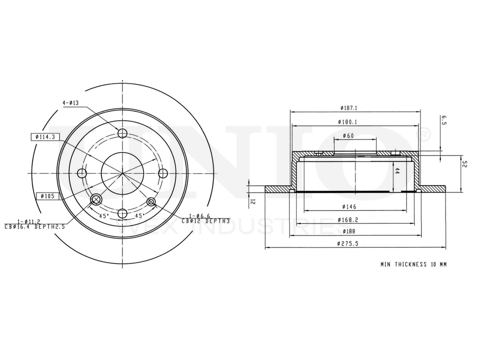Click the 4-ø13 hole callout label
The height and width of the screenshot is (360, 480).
[x=71, y=103]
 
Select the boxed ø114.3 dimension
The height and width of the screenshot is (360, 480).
[x=45, y=137]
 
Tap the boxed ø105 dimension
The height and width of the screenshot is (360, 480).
[x=47, y=196]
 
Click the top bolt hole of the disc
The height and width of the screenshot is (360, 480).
[x=122, y=133]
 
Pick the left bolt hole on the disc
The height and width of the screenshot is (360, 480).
[x=83, y=173]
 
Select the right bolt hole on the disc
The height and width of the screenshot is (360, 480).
[x=163, y=173]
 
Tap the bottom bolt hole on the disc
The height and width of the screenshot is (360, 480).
[x=122, y=214]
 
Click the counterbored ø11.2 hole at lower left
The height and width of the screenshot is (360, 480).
[x=96, y=200]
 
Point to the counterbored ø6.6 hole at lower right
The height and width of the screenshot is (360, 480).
[x=151, y=202]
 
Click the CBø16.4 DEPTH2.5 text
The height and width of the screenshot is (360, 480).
[x=35, y=227]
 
